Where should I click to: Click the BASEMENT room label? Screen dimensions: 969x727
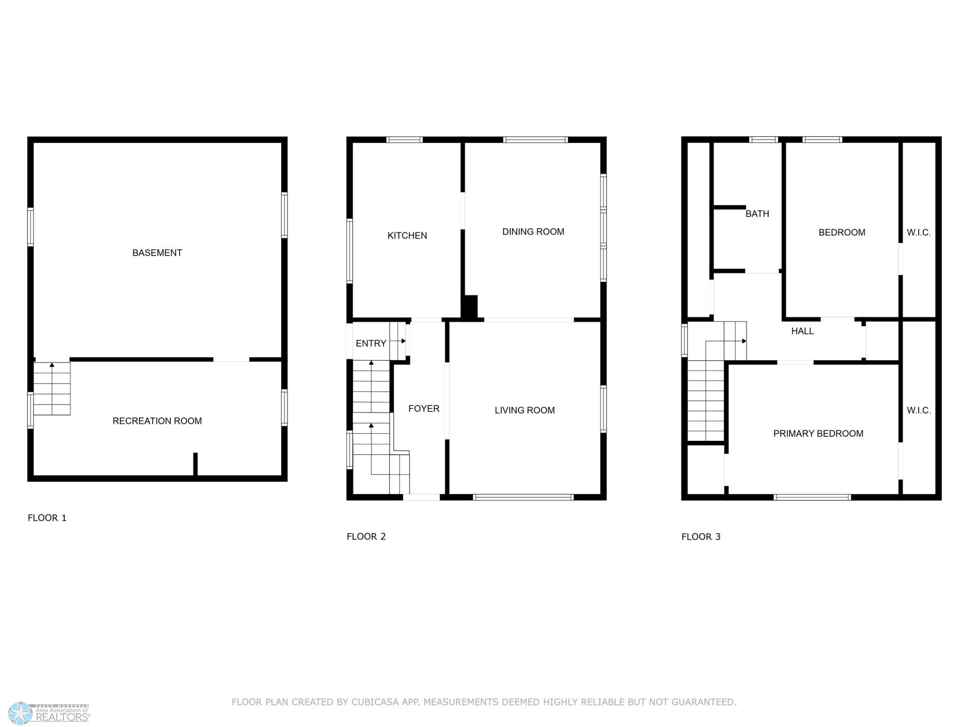pyautogui.click(x=157, y=253)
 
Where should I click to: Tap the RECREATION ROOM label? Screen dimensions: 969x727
pyautogui.click(x=157, y=421)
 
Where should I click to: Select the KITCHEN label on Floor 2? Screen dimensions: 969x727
pyautogui.click(x=407, y=236)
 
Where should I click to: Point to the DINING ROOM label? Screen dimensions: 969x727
pyautogui.click(x=533, y=232)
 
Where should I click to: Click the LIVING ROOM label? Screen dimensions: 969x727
pyautogui.click(x=525, y=410)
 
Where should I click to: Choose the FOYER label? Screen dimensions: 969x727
pyautogui.click(x=424, y=409)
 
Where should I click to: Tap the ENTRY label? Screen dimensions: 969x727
pyautogui.click(x=371, y=343)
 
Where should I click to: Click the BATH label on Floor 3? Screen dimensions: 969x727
pyautogui.click(x=757, y=214)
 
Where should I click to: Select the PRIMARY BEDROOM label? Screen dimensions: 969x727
pyautogui.click(x=818, y=433)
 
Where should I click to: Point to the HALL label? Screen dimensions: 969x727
pyautogui.click(x=802, y=331)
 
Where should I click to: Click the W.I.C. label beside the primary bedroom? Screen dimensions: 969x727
pyautogui.click(x=919, y=411)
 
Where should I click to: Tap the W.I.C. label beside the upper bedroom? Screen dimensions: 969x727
pyautogui.click(x=919, y=233)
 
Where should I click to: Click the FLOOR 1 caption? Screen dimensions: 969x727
pyautogui.click(x=47, y=518)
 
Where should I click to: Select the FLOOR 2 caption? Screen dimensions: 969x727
pyautogui.click(x=366, y=536)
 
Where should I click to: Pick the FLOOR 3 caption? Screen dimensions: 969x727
pyautogui.click(x=701, y=536)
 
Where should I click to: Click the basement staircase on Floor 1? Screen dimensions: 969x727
pyautogui.click(x=52, y=389)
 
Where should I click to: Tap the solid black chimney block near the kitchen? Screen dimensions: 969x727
pyautogui.click(x=470, y=308)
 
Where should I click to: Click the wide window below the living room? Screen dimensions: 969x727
pyautogui.click(x=523, y=497)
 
